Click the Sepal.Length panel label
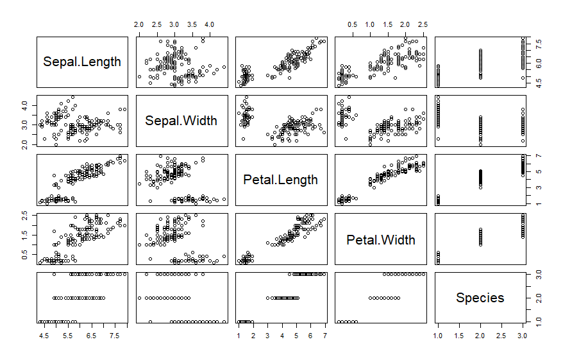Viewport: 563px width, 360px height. [x=81, y=62]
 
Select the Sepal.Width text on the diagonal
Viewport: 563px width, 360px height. [x=181, y=121]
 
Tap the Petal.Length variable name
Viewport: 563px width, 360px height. [x=280, y=180]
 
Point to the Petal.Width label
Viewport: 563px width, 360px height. [x=380, y=239]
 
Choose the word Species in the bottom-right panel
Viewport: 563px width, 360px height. [x=480, y=298]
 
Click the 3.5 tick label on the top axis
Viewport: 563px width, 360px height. [x=191, y=24]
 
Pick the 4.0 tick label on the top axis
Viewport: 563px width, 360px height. [x=209, y=24]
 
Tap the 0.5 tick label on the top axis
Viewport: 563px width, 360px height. [x=351, y=24]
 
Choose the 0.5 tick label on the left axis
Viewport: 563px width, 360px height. [x=26, y=255]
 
